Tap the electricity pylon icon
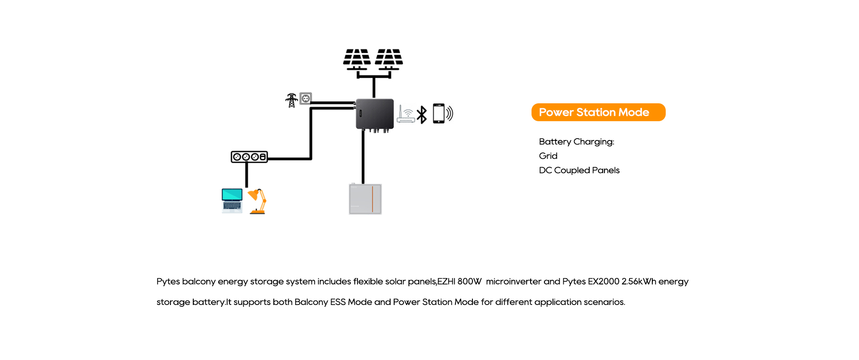[x=292, y=100]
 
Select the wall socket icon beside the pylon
[x=306, y=98]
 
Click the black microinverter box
[x=375, y=114]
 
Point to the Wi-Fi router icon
[x=406, y=114]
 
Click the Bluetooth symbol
[x=421, y=115]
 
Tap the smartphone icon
[x=439, y=114]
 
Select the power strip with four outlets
[x=249, y=157]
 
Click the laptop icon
[x=232, y=200]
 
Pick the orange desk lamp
[x=258, y=201]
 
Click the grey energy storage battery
[x=365, y=199]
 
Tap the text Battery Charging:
[x=576, y=142]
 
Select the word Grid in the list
[x=548, y=156]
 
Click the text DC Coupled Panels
[x=579, y=170]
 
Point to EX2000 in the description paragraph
[x=604, y=282]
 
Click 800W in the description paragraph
[x=469, y=282]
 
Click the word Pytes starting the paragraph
[x=168, y=282]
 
